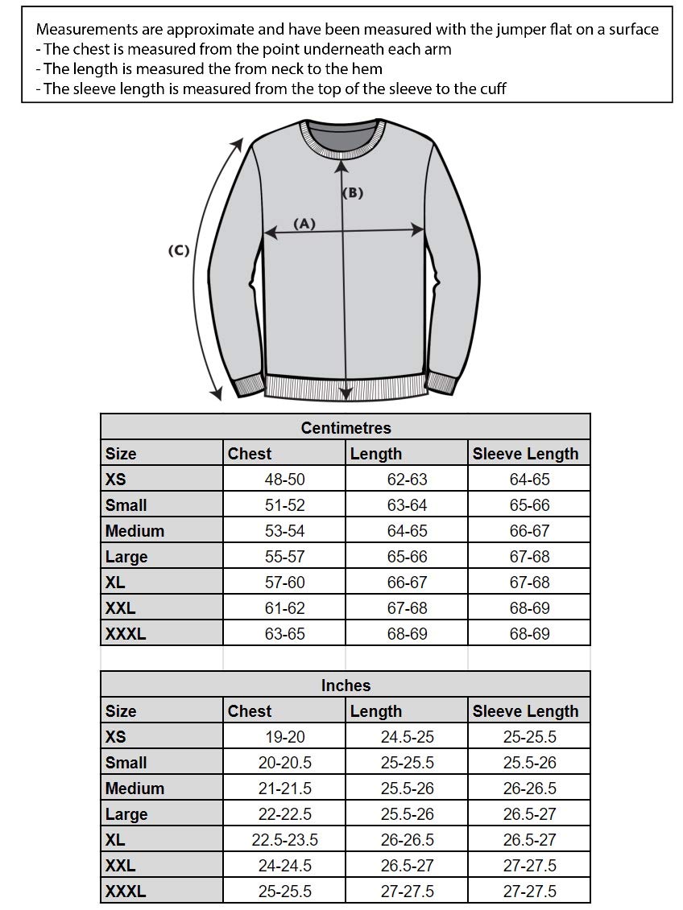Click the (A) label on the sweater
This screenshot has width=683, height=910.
point(304,224)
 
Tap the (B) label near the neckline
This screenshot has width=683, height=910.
point(353,193)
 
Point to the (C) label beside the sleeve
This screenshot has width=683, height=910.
point(178,250)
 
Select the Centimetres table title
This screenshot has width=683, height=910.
point(346,428)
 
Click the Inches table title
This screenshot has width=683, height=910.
point(346,686)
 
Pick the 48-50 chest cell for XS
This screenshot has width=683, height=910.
point(284,480)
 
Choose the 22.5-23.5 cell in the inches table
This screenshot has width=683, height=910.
point(284,840)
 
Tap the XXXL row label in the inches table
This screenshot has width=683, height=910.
point(126,891)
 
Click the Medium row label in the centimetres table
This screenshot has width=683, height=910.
point(135,531)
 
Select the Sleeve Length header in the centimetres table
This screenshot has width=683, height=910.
point(525,454)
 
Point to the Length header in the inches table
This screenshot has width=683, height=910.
point(375,711)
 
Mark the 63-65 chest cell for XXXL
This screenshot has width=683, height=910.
point(284,634)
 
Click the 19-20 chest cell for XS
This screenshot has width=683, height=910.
point(284,737)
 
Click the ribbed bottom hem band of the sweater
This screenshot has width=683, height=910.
point(345,386)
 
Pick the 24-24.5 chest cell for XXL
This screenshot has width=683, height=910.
point(284,866)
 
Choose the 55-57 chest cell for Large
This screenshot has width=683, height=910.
point(284,557)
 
